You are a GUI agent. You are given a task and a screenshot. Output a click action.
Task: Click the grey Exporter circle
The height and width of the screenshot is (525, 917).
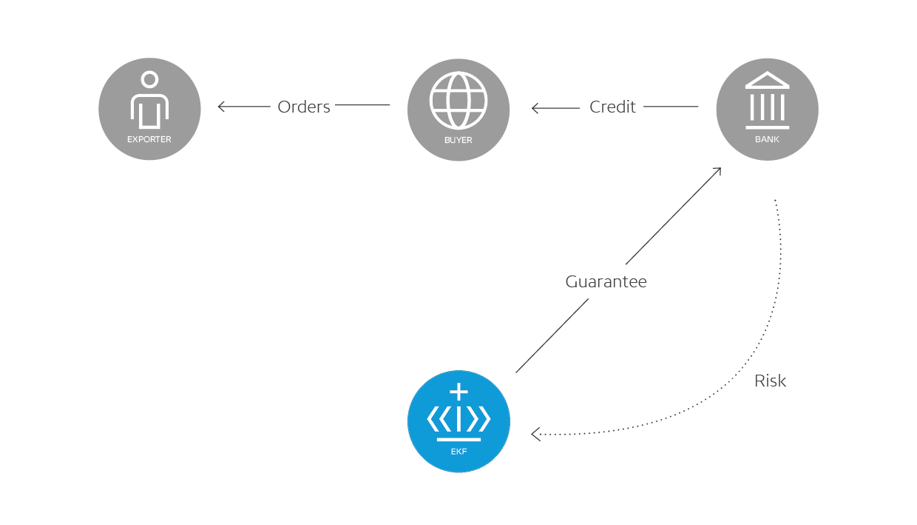pyautogui.click(x=149, y=109)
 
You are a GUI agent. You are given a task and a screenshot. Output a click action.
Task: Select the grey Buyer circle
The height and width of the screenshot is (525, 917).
pyautogui.click(x=458, y=109)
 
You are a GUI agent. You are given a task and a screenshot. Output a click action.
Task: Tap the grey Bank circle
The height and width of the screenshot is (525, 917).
pyautogui.click(x=767, y=109)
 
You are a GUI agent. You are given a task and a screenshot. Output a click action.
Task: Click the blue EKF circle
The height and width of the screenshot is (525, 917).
pyautogui.click(x=458, y=421)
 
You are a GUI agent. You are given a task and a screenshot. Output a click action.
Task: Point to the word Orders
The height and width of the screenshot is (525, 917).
pyautogui.click(x=303, y=107)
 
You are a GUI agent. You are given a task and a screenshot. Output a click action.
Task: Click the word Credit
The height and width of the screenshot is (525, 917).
pyautogui.click(x=612, y=107)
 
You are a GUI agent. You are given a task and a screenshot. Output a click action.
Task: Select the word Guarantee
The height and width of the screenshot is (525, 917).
pyautogui.click(x=606, y=282)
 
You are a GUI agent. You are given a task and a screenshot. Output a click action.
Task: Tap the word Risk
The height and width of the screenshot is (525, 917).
pyautogui.click(x=770, y=381)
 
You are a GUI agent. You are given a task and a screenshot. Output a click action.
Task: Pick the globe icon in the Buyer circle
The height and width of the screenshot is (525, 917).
pyautogui.click(x=458, y=99)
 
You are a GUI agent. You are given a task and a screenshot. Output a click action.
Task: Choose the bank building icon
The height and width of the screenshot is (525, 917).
pyautogui.click(x=767, y=100)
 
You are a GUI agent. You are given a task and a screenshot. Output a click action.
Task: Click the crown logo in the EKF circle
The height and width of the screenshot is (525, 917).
pyautogui.click(x=458, y=413)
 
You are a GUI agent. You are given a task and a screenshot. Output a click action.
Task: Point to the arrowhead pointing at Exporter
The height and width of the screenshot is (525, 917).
pyautogui.click(x=221, y=107)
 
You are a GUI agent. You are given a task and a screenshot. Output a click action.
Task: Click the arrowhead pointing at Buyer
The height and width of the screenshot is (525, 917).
pyautogui.click(x=535, y=108)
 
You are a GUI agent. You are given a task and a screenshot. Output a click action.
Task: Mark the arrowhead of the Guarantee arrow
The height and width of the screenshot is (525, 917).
pyautogui.click(x=717, y=171)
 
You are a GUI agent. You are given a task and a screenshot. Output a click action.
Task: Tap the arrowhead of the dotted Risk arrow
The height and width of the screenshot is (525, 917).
pyautogui.click(x=535, y=434)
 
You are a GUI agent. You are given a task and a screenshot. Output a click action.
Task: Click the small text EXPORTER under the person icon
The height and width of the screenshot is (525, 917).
pyautogui.click(x=149, y=139)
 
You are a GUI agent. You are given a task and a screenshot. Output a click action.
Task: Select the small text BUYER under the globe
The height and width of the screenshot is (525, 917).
pyautogui.click(x=458, y=140)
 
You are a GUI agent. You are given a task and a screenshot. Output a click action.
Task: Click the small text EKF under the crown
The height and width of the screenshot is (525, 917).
pyautogui.click(x=458, y=450)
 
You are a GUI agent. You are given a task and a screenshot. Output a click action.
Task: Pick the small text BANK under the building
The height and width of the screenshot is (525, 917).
pyautogui.click(x=767, y=139)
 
